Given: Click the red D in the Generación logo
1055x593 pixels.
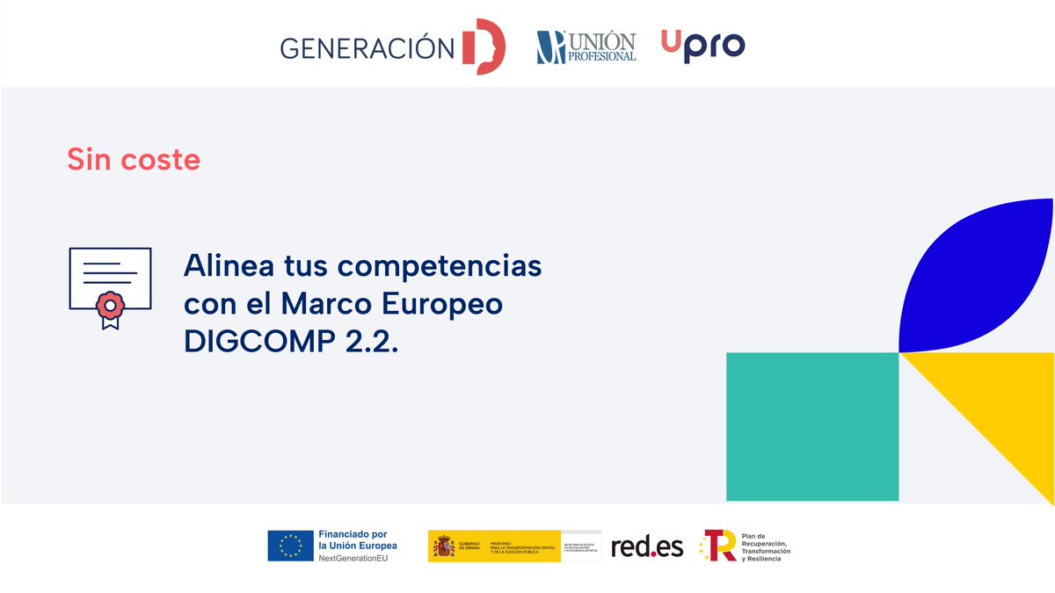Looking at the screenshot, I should pos(484,47).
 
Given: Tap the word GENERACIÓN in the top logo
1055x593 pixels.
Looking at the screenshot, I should pos(367,47).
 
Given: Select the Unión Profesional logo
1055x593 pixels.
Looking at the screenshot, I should pos(586,47).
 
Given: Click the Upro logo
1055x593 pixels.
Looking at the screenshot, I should pos(702,45).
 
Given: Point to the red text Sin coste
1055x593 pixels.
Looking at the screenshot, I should pos(134,160).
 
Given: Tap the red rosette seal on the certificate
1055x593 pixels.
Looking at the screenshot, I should pos(109,306).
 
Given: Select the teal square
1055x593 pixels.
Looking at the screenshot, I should pos(811,426).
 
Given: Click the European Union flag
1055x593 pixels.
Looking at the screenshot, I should pos(290,546).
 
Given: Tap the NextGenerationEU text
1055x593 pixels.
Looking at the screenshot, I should pos(352,558).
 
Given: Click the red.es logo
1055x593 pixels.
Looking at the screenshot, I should pos(647,546).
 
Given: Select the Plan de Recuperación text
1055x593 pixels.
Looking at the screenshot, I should pos(766,547).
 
